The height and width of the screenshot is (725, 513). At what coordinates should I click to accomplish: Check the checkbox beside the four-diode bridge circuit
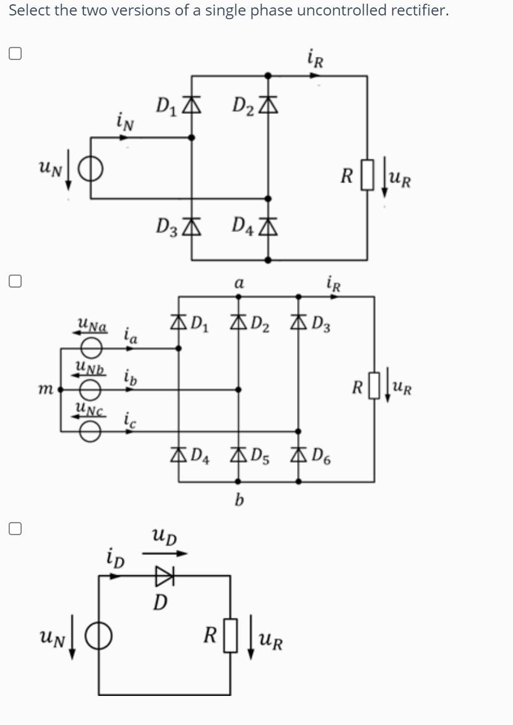point(15,54)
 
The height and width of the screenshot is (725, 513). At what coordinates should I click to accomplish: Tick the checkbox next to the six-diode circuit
point(15,281)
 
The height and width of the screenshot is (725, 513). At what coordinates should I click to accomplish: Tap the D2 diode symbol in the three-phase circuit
point(238,323)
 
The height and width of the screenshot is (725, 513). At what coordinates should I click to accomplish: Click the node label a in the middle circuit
point(238,283)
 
